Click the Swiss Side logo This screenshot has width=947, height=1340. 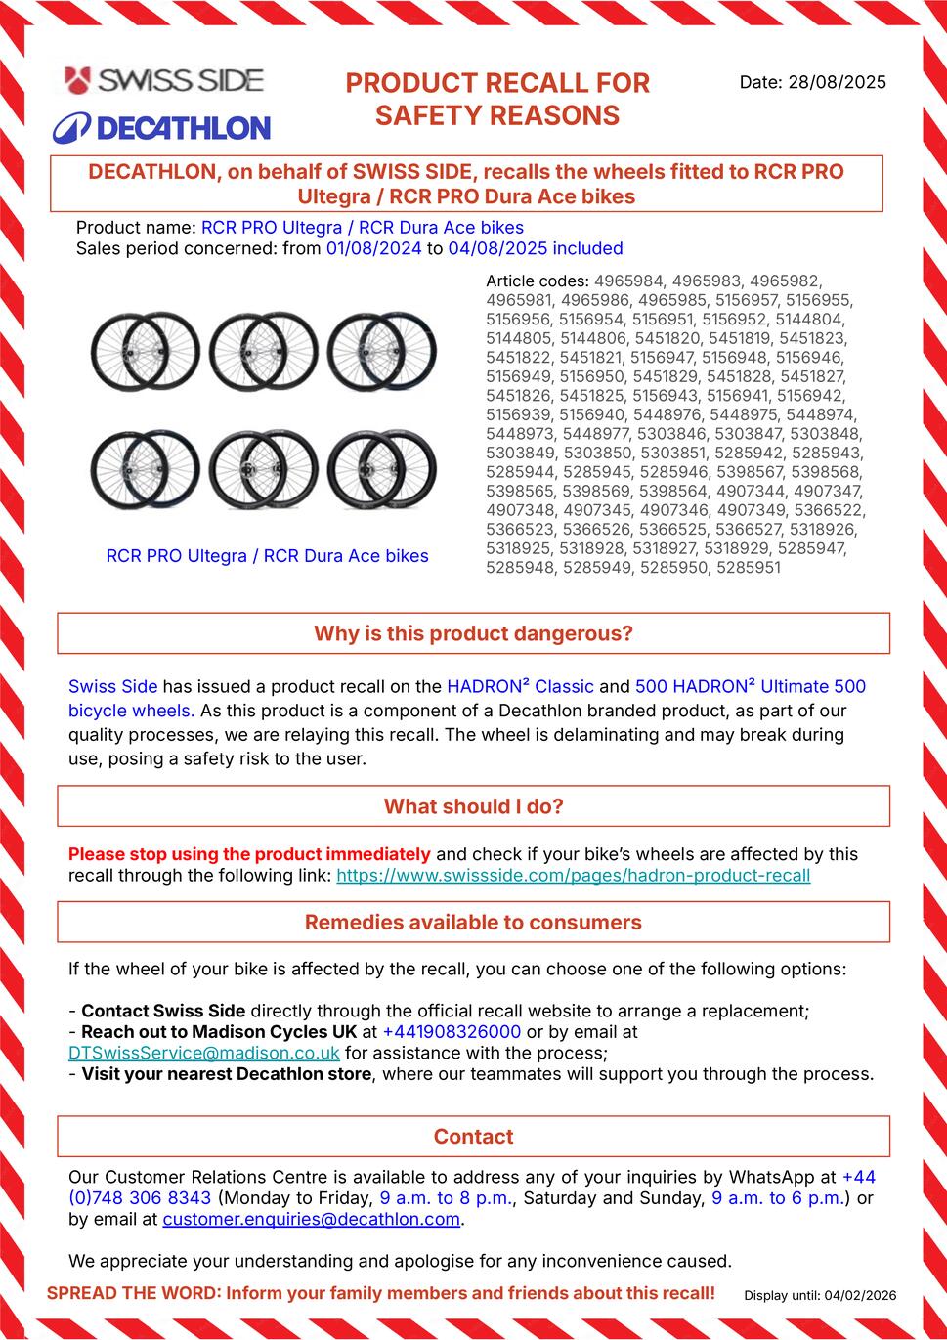click(x=164, y=80)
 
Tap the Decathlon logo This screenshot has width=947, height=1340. click(x=161, y=127)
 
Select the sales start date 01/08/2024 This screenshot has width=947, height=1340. click(x=374, y=248)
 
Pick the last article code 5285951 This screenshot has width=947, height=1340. click(x=748, y=567)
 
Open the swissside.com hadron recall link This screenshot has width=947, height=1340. click(x=573, y=875)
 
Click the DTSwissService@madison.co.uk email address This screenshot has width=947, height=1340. click(x=204, y=1053)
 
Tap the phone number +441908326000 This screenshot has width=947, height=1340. click(x=452, y=1031)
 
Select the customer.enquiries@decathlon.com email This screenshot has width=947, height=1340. click(x=311, y=1219)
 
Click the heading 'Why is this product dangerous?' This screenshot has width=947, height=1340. click(x=473, y=633)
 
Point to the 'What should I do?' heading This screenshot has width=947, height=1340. click(x=473, y=806)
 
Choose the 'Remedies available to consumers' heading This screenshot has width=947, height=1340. click(x=473, y=922)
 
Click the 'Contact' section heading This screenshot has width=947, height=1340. click(x=473, y=1136)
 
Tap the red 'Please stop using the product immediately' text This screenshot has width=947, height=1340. click(x=249, y=853)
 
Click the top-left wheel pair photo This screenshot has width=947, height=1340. click(x=145, y=351)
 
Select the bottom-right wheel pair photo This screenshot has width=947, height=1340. click(x=381, y=468)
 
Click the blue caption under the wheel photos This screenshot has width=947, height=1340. click(x=267, y=556)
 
